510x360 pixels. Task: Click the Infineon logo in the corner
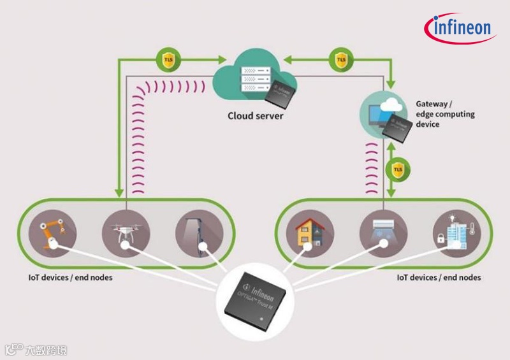click(x=458, y=28)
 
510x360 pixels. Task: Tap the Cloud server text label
click(x=256, y=117)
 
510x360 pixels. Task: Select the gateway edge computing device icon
click(x=382, y=115)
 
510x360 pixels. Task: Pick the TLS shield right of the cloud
click(x=340, y=61)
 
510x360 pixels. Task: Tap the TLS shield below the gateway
click(x=398, y=169)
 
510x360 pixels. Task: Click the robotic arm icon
click(x=53, y=233)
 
